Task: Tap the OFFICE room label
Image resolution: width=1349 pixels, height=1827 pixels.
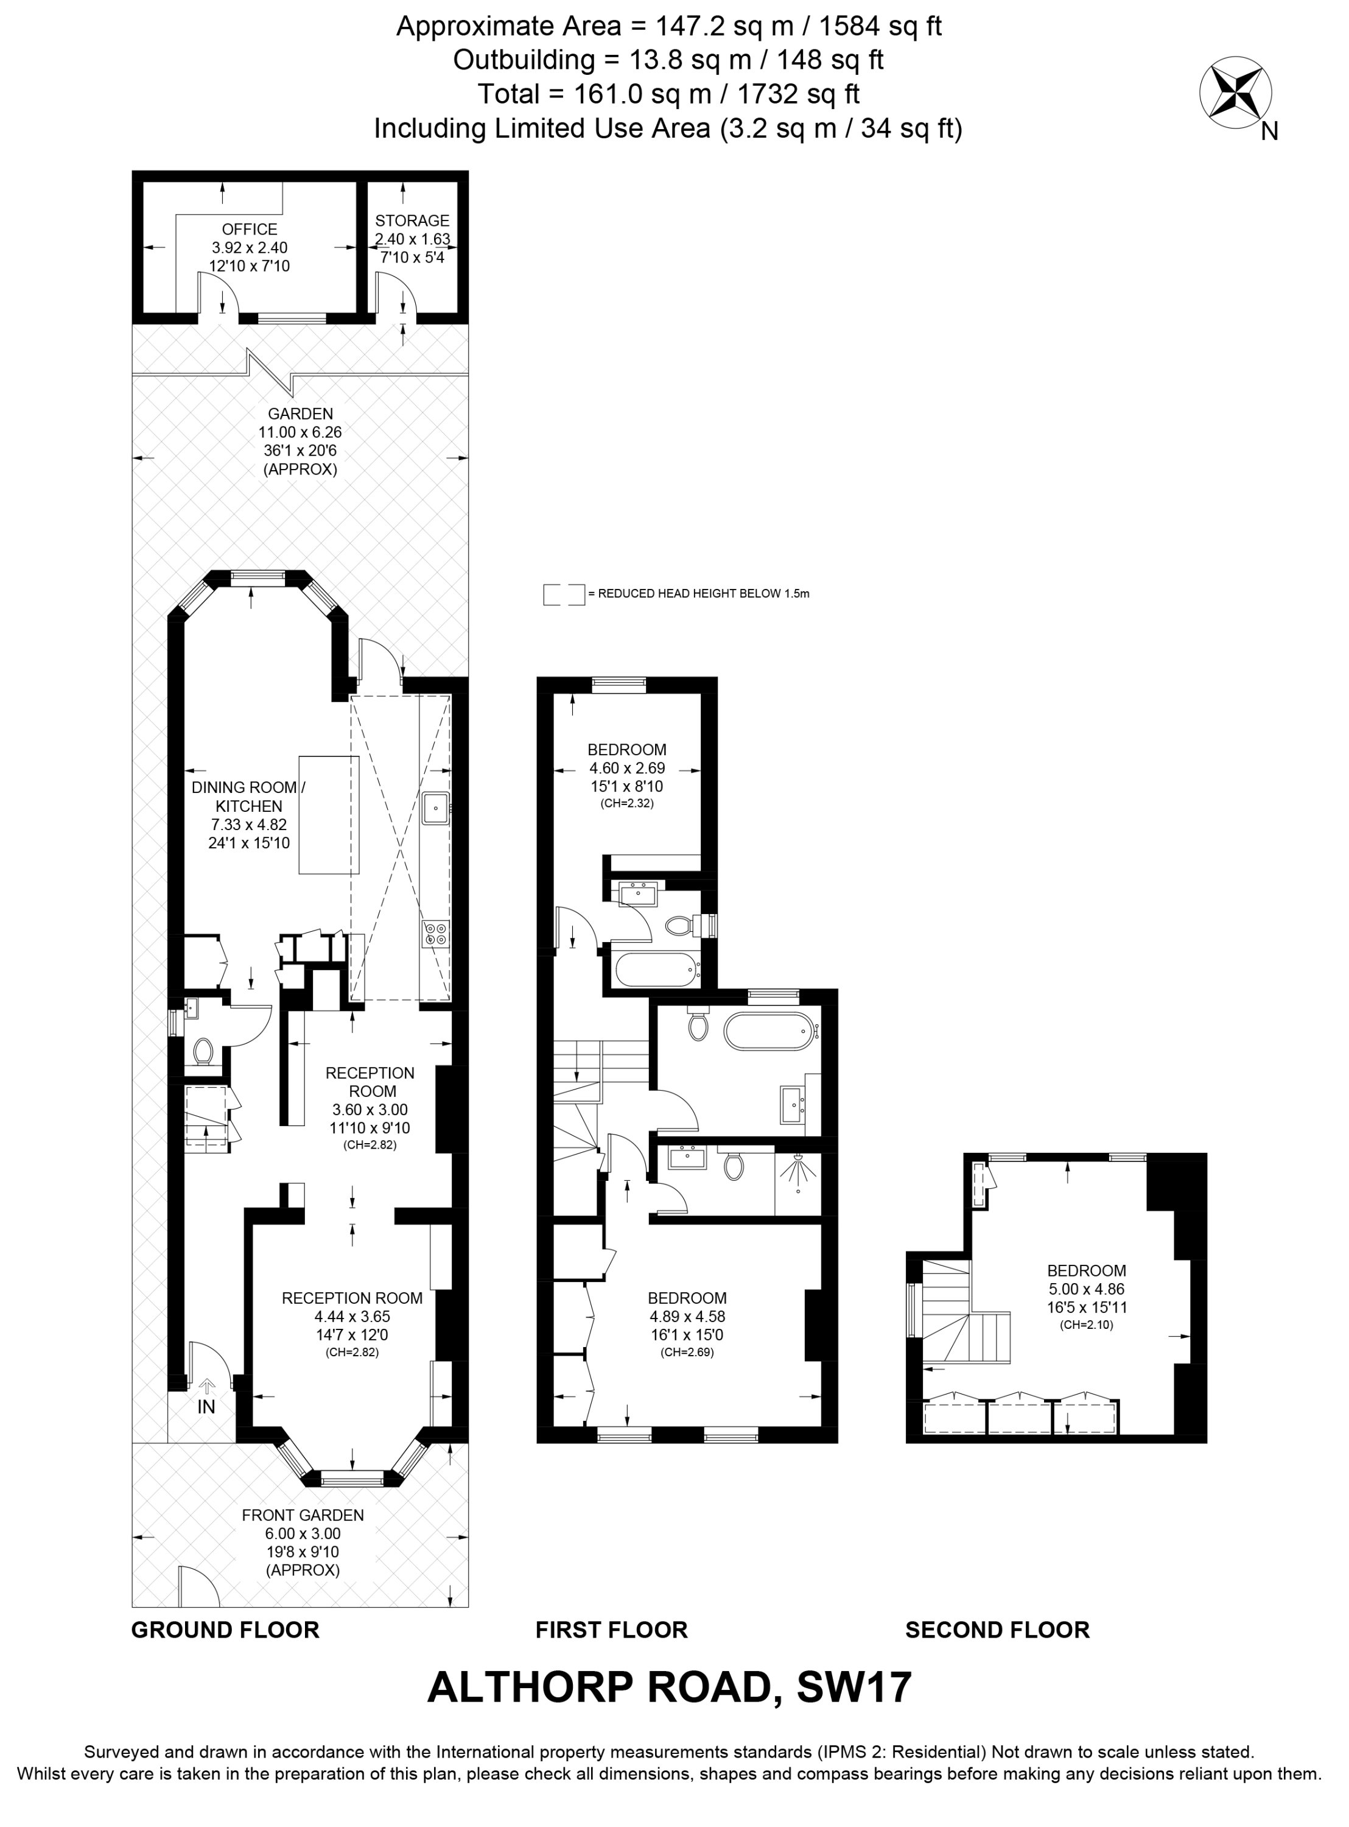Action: point(250,230)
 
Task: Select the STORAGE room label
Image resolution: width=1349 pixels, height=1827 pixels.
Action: point(412,220)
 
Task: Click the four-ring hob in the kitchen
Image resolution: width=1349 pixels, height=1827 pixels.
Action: point(436,934)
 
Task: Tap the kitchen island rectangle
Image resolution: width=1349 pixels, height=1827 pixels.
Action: point(329,815)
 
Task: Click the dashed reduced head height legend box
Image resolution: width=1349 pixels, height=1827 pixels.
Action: point(564,594)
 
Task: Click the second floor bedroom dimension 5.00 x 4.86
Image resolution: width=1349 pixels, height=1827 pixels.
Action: point(1086,1290)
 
